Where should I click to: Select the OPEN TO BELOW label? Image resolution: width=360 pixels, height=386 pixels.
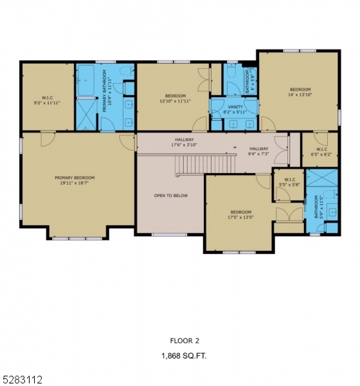[170, 196]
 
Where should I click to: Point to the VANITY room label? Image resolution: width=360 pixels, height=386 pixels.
[235, 107]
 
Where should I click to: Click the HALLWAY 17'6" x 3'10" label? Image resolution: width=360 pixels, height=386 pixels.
[184, 142]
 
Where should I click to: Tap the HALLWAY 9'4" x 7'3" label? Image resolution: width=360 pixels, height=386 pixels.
[259, 151]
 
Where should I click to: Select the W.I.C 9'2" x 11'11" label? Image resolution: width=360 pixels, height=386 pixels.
[46, 100]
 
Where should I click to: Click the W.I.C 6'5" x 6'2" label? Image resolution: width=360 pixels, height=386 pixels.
[319, 151]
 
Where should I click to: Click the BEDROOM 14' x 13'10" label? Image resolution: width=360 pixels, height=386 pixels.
[300, 92]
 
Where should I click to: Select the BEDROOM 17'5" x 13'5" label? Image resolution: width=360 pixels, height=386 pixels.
[241, 214]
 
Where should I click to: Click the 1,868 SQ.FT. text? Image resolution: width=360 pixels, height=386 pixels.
[183, 354]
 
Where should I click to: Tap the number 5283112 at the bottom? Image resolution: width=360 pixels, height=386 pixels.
[21, 380]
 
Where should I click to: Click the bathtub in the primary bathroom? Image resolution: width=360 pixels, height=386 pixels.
[85, 81]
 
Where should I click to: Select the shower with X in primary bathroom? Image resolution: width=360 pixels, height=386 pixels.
[85, 113]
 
